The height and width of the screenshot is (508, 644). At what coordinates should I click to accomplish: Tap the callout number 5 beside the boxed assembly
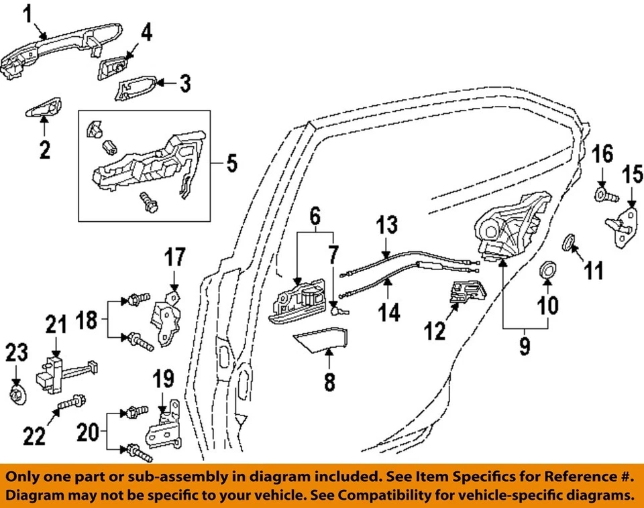pos(231,163)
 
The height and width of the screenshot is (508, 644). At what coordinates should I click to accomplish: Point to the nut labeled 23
pos(16,393)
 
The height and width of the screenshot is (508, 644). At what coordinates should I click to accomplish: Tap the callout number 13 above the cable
pos(386,226)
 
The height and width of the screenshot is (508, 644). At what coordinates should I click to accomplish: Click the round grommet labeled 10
pos(548,271)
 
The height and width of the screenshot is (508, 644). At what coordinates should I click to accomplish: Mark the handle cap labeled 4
pos(116,66)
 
